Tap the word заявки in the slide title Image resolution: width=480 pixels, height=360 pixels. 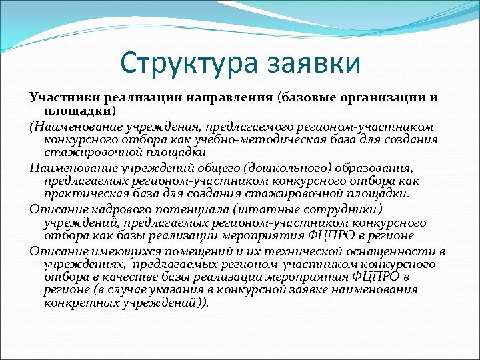313,64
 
